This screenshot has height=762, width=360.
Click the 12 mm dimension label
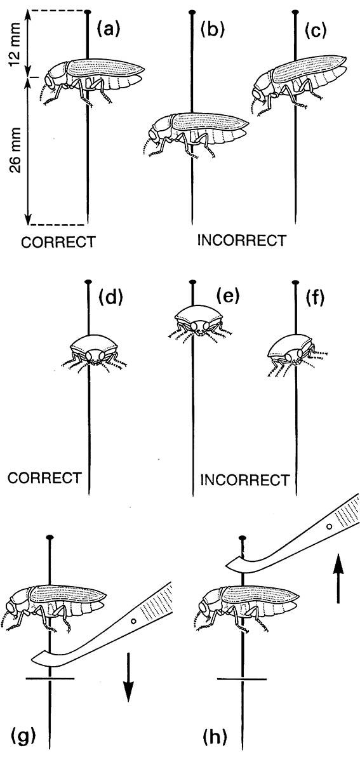point(15,44)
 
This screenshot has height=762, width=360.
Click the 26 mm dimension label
point(15,150)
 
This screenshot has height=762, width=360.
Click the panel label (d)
point(110,297)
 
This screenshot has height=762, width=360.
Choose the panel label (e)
point(228,295)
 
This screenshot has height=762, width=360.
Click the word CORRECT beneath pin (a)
point(58,242)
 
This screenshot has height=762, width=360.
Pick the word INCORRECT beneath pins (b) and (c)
point(242,240)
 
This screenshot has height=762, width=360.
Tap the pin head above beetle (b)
point(192,13)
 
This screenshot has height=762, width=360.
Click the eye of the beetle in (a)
point(50,82)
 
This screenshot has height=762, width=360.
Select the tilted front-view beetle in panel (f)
point(293,356)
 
